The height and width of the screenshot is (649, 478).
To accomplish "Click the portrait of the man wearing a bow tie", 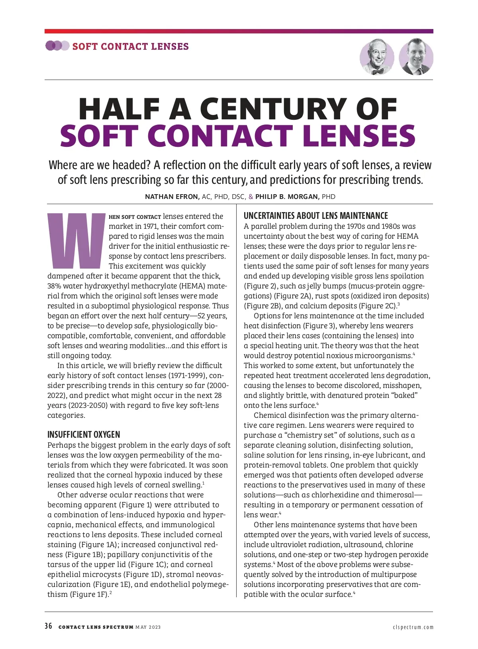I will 377,58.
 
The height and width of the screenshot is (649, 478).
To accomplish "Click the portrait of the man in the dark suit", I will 416,58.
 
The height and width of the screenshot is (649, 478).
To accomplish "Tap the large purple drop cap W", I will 76,240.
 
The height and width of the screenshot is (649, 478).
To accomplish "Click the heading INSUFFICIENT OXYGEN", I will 84,435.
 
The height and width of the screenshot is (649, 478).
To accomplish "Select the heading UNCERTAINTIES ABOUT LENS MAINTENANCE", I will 315,216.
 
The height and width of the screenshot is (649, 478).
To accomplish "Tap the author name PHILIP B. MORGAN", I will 287,197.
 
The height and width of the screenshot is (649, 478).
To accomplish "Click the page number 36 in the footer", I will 49,626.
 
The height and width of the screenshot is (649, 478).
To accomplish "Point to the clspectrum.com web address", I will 413,627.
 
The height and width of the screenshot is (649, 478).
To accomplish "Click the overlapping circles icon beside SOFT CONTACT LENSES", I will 57,46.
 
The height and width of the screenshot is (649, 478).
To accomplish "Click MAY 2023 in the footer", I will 148,627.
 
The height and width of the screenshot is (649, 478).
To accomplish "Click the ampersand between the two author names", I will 251,197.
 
